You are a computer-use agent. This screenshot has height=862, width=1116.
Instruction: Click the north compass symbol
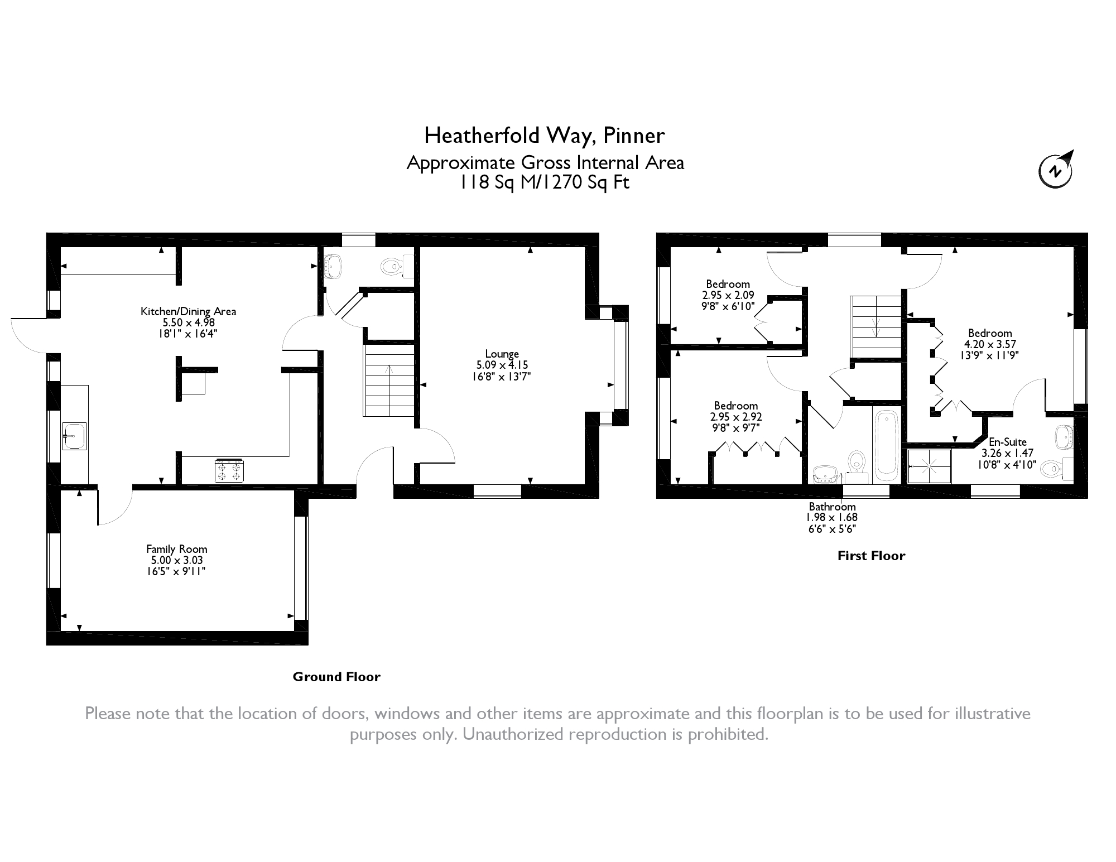click(1055, 170)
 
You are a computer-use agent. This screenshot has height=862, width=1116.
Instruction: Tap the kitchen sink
click(75, 436)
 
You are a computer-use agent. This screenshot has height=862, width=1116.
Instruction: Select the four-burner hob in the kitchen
click(230, 470)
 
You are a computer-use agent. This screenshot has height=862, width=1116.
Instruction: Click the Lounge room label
click(502, 354)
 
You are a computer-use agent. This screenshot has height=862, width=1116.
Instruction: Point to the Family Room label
click(176, 549)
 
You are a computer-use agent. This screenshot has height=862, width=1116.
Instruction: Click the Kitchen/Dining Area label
click(188, 311)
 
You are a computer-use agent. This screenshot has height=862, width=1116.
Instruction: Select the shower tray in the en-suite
click(929, 465)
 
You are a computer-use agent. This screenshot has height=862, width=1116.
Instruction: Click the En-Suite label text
click(1008, 442)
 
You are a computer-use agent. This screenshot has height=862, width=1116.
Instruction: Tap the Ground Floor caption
click(336, 677)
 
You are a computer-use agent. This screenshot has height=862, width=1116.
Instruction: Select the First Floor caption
click(871, 556)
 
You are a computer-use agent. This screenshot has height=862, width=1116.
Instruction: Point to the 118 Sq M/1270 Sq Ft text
click(545, 182)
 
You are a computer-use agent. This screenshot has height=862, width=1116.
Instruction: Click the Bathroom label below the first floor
click(832, 507)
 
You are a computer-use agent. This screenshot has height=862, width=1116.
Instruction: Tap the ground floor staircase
click(389, 381)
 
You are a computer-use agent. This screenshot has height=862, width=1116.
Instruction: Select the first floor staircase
click(876, 326)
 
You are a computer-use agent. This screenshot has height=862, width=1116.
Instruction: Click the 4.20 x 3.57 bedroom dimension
click(990, 344)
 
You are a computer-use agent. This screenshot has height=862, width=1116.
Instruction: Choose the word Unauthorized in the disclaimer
click(512, 734)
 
